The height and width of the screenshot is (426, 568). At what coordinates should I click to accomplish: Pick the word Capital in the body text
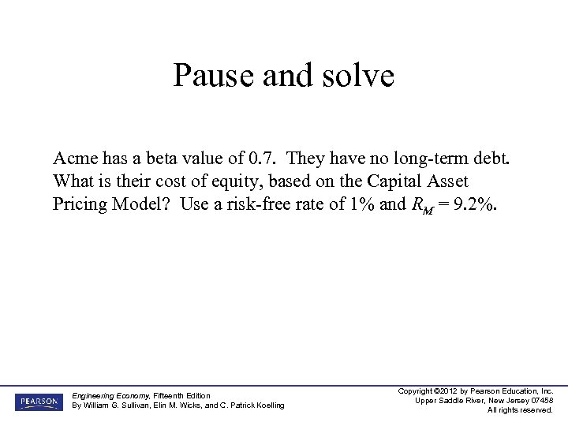coord(402,181)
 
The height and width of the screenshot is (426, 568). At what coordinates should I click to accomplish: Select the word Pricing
coord(81,204)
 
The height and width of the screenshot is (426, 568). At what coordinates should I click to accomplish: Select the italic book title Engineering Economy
coord(108,395)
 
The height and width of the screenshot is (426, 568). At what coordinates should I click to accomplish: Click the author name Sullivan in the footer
coord(136,405)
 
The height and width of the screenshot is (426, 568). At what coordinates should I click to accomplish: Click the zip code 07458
coord(540,401)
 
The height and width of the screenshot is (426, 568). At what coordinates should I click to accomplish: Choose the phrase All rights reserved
coord(520,410)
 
